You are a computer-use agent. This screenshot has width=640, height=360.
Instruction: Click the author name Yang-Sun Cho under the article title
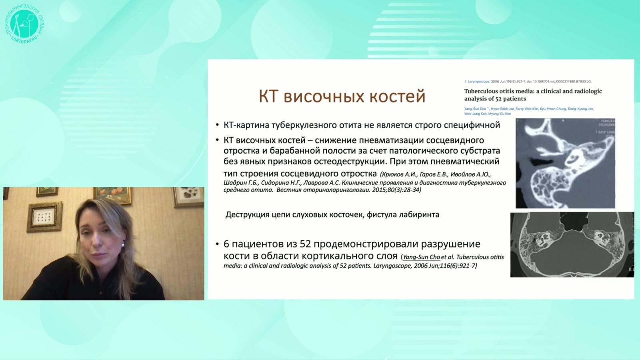[475, 109]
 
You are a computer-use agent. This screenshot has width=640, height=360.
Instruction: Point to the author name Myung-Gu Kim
[500, 114]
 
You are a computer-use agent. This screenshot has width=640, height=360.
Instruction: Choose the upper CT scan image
[565, 163]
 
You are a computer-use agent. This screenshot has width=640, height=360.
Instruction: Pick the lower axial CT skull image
[572, 244]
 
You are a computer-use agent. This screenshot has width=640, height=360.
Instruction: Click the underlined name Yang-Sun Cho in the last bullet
[421, 257]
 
